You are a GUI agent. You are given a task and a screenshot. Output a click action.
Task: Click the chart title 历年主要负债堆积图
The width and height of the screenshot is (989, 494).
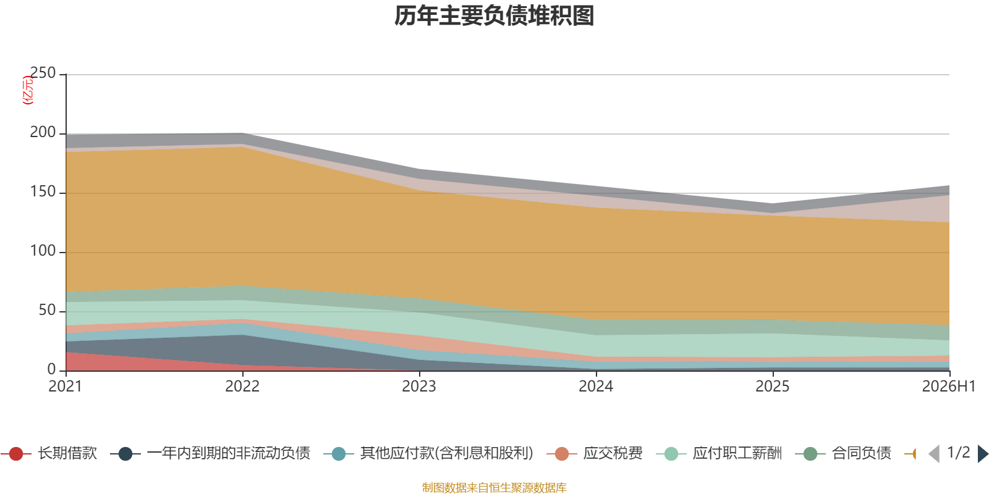pyautogui.click(x=494, y=16)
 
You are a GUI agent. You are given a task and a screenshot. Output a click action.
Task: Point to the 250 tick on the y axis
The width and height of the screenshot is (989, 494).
pyautogui.click(x=43, y=73)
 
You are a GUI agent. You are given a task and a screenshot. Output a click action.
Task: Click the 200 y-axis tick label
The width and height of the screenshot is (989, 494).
pyautogui.click(x=43, y=132)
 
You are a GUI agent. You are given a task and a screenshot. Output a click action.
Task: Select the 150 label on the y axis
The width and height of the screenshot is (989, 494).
pyautogui.click(x=43, y=191)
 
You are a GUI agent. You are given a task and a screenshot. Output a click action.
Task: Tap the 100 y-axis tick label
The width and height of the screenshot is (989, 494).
pyautogui.click(x=43, y=251)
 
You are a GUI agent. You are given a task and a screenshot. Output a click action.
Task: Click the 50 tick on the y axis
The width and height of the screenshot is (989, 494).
pyautogui.click(x=47, y=310)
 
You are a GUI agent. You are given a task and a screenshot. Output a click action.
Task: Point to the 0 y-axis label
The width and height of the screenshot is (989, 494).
pyautogui.click(x=52, y=369)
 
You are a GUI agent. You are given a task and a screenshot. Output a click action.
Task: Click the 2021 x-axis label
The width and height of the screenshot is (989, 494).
pyautogui.click(x=66, y=387)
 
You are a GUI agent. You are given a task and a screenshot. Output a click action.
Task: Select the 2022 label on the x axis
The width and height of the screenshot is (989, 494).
pyautogui.click(x=242, y=387)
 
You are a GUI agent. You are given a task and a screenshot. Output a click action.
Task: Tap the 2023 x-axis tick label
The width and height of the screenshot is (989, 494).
pyautogui.click(x=419, y=387)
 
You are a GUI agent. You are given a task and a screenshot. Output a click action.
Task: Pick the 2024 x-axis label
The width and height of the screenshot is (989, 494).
pyautogui.click(x=596, y=387)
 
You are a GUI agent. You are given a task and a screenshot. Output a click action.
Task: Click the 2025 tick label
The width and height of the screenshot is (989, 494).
pyautogui.click(x=773, y=387)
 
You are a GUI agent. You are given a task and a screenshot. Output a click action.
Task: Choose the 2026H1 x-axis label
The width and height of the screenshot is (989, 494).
pyautogui.click(x=949, y=387)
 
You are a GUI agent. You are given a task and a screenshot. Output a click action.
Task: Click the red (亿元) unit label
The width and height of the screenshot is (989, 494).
pyautogui.click(x=27, y=90)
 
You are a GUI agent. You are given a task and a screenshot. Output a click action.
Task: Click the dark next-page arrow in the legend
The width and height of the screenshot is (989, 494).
pyautogui.click(x=983, y=454)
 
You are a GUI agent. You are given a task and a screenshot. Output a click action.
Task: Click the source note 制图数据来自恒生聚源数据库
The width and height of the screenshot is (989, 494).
pyautogui.click(x=494, y=487)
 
